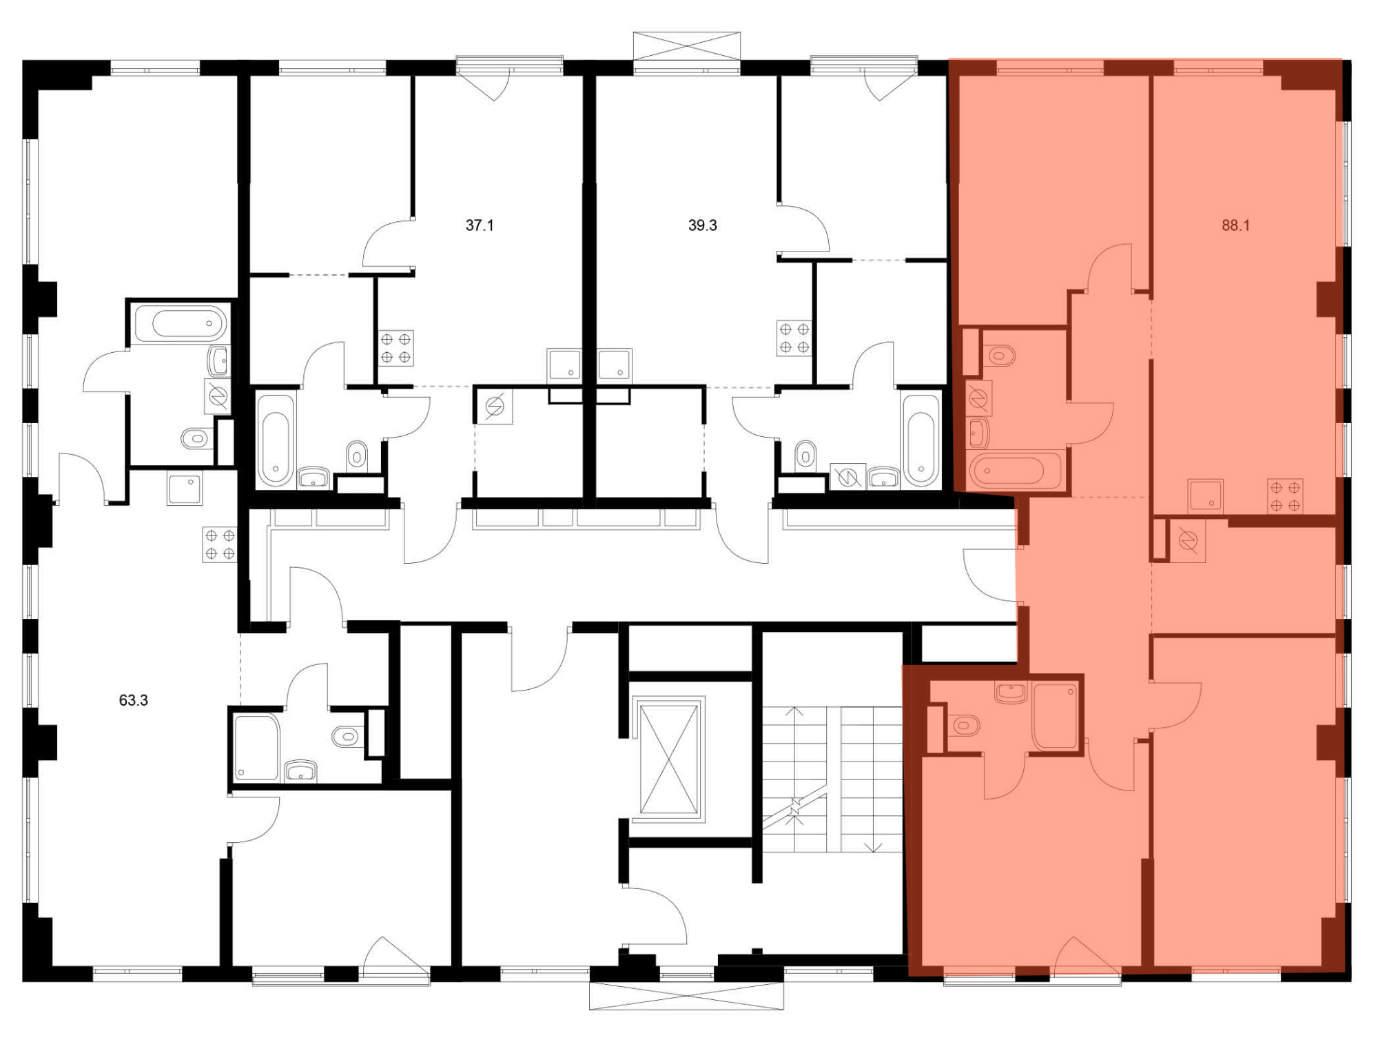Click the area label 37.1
point(480,225)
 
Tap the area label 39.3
point(702,225)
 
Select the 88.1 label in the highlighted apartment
point(1235,225)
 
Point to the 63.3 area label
point(134,701)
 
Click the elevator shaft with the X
point(669,759)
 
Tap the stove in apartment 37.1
point(395,348)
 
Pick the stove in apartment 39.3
point(794,338)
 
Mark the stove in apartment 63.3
point(220,544)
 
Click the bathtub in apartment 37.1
point(276,440)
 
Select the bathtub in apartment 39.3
point(922,440)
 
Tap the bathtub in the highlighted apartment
point(1016,471)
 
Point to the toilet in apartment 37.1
point(357,454)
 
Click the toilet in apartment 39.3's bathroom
point(804,454)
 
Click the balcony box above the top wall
point(687,47)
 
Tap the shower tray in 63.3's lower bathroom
point(257,748)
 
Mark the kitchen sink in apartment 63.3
point(184,490)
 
